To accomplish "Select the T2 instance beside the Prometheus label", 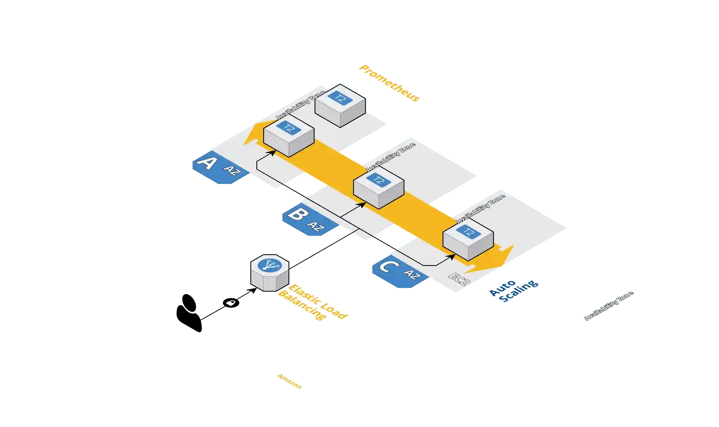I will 340,105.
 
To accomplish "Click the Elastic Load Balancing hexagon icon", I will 270,272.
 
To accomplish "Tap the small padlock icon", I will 231,302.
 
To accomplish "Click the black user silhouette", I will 189,313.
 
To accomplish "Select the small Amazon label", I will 289,382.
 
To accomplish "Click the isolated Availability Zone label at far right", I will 609,306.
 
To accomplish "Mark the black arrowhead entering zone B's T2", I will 362,205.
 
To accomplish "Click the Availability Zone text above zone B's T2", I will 391,157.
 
